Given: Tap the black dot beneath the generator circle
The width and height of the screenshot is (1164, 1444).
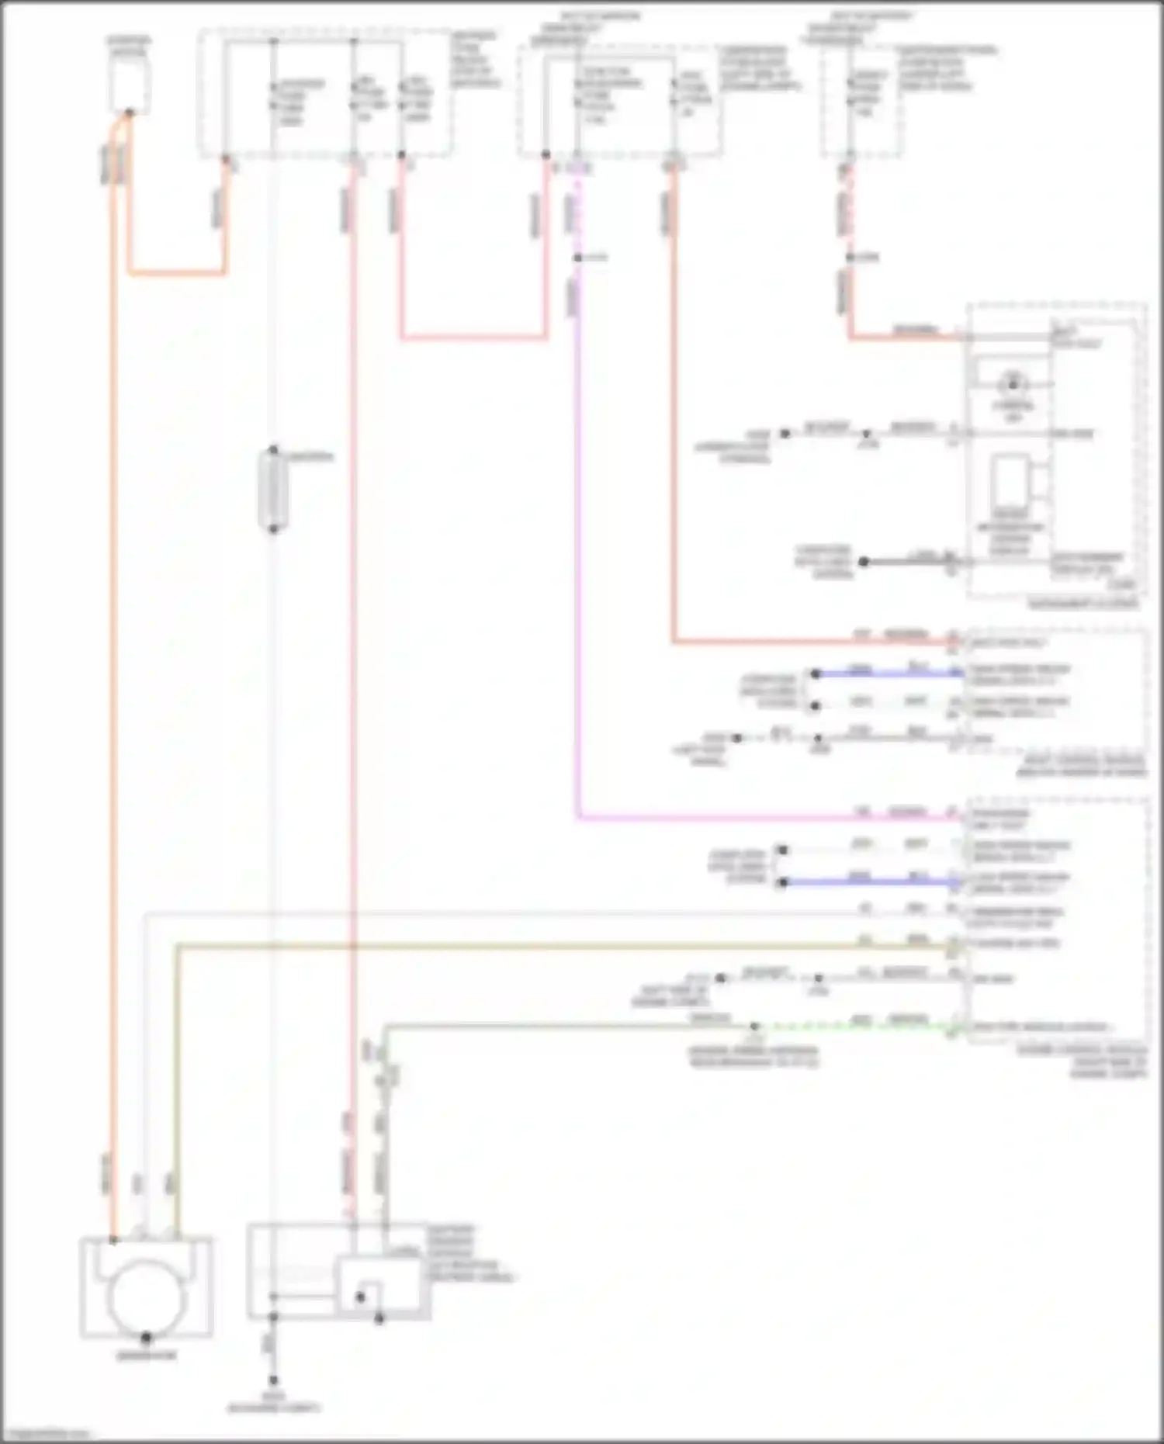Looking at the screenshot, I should coord(146,1338).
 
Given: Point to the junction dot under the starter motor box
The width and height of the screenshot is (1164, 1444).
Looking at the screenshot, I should coord(129,113).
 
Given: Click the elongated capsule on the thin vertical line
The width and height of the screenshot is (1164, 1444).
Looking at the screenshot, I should coord(273,489).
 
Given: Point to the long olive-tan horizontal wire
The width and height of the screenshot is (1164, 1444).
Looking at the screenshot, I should coord(543,947).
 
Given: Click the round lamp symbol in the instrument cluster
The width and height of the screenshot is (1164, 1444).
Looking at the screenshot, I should coord(1013,384).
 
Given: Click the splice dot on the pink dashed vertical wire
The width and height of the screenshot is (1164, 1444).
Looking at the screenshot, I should coord(577,258).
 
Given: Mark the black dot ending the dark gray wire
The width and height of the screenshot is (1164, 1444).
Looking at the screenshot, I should coord(863,561).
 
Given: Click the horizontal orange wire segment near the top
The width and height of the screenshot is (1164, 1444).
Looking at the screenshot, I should coord(177,273).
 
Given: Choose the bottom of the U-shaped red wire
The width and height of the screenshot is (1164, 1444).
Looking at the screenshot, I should coord(473,338).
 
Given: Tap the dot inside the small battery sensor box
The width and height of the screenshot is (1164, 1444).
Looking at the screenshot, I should coord(360,1296).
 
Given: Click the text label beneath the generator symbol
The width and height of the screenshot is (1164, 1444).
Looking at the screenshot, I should coord(146,1356).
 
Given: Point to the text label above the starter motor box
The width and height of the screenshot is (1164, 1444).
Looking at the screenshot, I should coord(129,45).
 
